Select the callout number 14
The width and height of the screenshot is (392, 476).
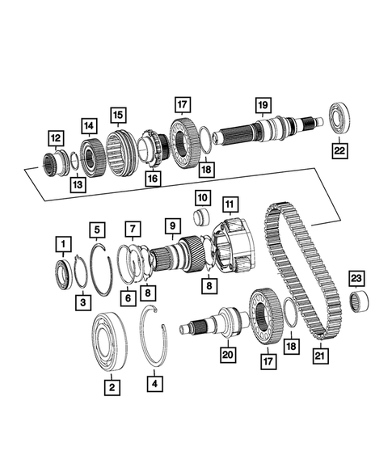pos(87,125)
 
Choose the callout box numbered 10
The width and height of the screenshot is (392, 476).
pos(202,198)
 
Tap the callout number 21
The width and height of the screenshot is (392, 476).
pos(322,353)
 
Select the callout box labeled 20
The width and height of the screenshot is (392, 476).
pos(227,353)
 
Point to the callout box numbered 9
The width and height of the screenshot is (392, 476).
pos(171,224)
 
